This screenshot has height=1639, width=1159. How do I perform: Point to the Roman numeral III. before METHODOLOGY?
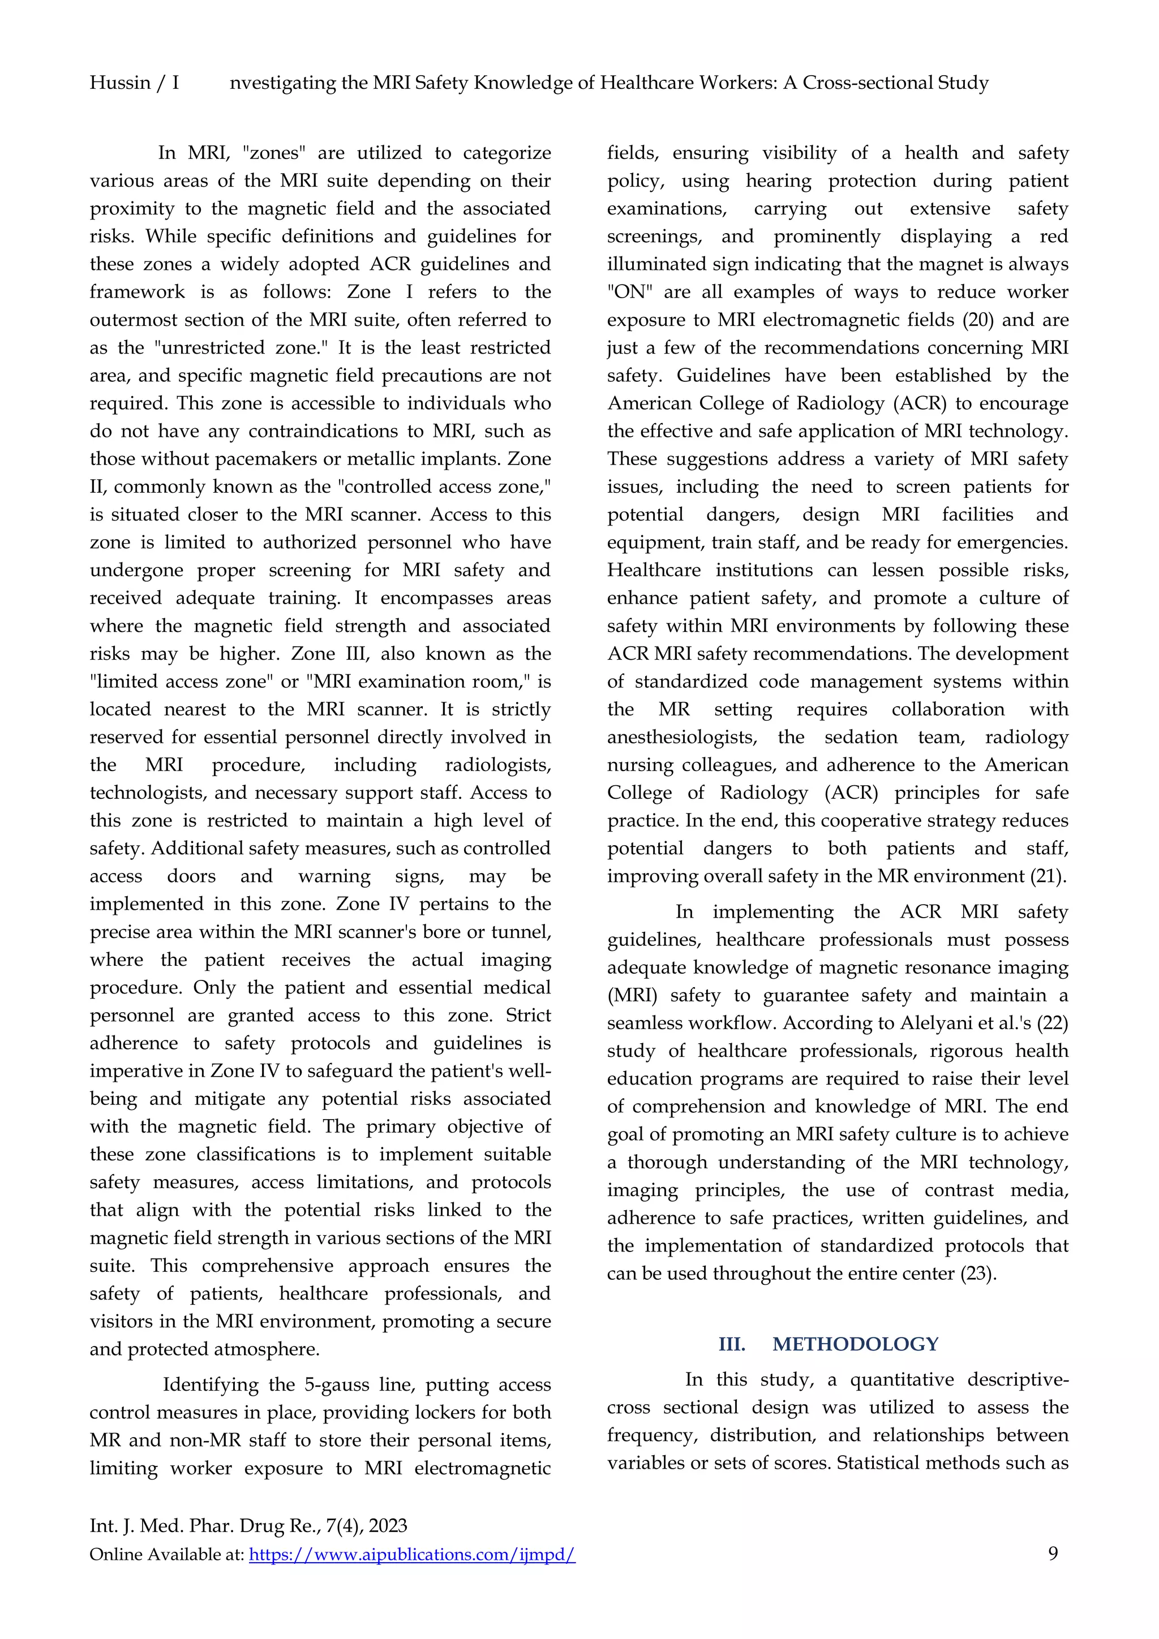(732, 1344)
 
